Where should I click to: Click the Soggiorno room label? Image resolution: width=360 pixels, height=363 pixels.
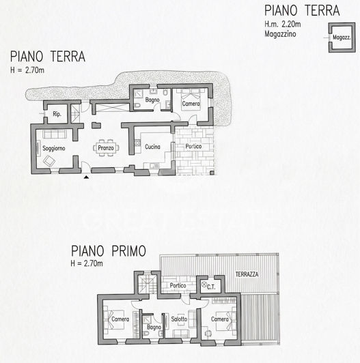click(x=53, y=148)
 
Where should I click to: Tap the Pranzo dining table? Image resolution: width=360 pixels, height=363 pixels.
click(x=106, y=147)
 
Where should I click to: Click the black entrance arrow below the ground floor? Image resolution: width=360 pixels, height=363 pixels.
click(x=86, y=177)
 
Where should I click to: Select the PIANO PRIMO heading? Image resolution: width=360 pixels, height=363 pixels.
click(x=107, y=252)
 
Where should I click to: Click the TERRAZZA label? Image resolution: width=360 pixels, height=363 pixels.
click(x=247, y=274)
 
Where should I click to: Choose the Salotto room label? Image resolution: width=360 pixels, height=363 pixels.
click(x=180, y=319)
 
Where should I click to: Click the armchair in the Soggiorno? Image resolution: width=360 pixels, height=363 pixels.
click(x=49, y=161)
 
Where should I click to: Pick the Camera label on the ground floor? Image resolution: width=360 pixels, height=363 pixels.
click(x=191, y=104)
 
